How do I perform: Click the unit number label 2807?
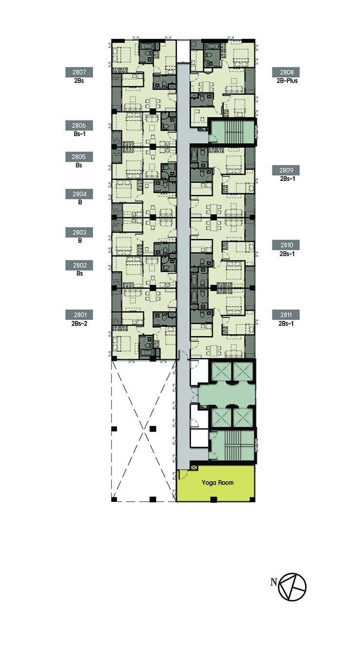pyautogui.click(x=79, y=72)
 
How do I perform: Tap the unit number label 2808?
pyautogui.click(x=286, y=72)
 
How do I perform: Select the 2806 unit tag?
pyautogui.click(x=79, y=125)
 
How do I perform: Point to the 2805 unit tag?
pyautogui.click(x=79, y=157)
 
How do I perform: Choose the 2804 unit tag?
pyautogui.click(x=80, y=194)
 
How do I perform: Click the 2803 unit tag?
pyautogui.click(x=80, y=233)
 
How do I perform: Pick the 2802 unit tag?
pyautogui.click(x=80, y=265)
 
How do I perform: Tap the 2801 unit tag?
pyautogui.click(x=80, y=315)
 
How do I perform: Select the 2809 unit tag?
pyautogui.click(x=286, y=170)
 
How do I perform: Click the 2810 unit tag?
pyautogui.click(x=286, y=245)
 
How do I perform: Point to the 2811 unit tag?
pyautogui.click(x=286, y=315)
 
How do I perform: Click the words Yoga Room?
pyautogui.click(x=218, y=483)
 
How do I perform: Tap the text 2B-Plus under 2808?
pyautogui.click(x=287, y=80)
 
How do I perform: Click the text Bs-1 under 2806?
pyautogui.click(x=80, y=134)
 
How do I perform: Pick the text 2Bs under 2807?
pyautogui.click(x=79, y=80)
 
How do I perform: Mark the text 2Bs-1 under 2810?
pyautogui.click(x=287, y=254)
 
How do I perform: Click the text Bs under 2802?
pyautogui.click(x=80, y=274)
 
